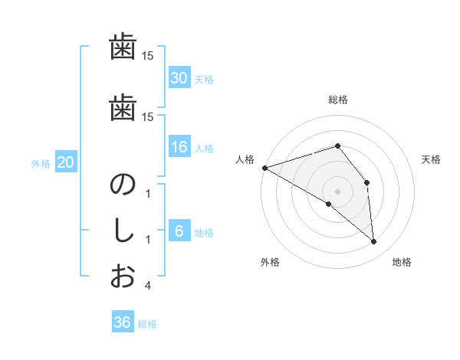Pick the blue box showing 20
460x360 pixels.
point(66,162)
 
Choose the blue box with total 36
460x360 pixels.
point(123,322)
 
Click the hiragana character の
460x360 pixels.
point(123,185)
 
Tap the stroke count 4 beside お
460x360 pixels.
point(147,286)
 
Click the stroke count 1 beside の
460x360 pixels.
point(147,195)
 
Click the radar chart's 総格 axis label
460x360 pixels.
point(338,100)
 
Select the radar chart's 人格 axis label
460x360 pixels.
point(245,159)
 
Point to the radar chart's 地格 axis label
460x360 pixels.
point(402,263)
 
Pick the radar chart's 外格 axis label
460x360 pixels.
point(270,263)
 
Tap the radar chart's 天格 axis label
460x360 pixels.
point(432,159)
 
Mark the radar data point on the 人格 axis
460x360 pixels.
point(264,167)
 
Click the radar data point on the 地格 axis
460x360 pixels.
point(374,242)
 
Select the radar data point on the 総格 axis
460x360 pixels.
point(337,146)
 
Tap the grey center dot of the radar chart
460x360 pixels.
point(337,191)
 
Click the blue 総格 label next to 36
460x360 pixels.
point(147,324)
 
